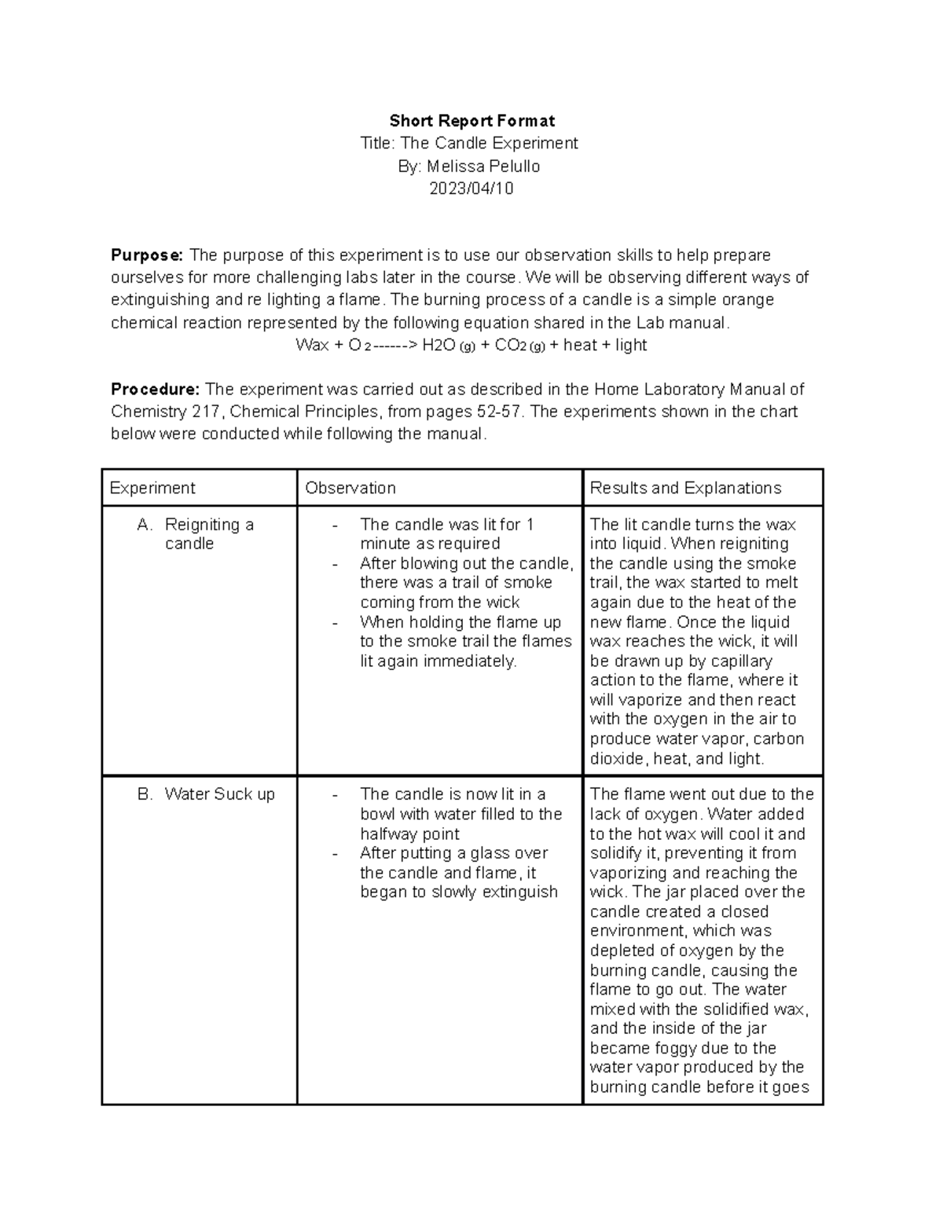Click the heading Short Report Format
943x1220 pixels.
(x=472, y=121)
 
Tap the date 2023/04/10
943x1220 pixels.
(x=472, y=189)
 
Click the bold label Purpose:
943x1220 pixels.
(x=147, y=255)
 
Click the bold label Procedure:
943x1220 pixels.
(x=155, y=389)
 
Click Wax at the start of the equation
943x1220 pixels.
(x=311, y=345)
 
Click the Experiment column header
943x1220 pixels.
(x=152, y=488)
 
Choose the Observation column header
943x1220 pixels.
(x=350, y=488)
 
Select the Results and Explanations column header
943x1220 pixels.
(x=685, y=488)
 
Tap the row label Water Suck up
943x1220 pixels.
(x=219, y=794)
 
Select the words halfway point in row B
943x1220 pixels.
(x=409, y=833)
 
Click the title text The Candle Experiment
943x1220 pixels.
(x=489, y=143)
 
